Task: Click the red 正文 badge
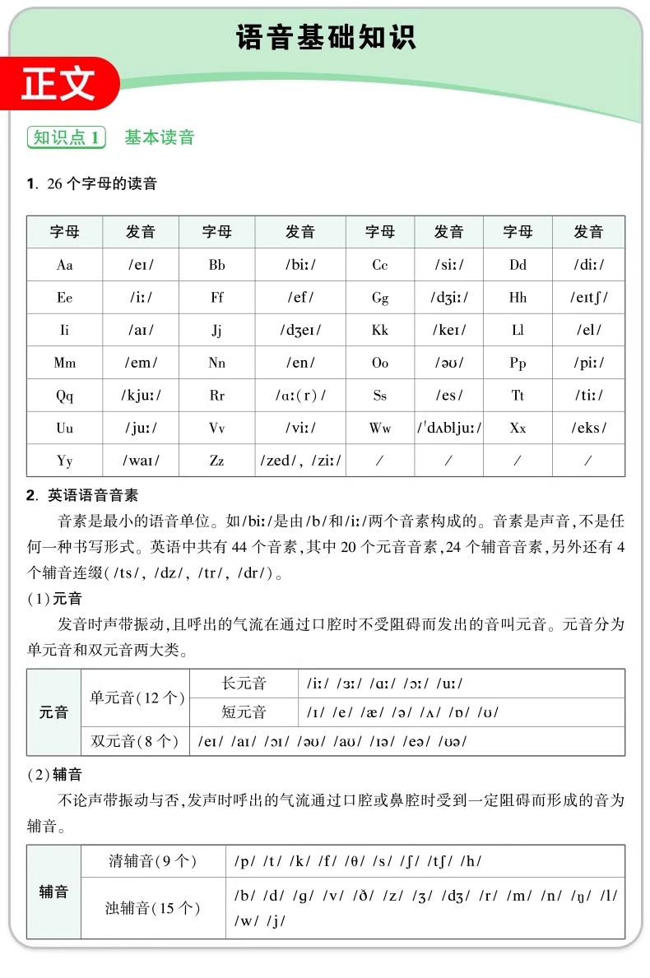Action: tap(58, 85)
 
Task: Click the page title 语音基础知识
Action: tap(326, 37)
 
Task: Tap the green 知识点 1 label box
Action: tap(67, 137)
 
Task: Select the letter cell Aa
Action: tap(64, 265)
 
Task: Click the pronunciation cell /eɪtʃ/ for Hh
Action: tap(588, 298)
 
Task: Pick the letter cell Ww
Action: tap(379, 428)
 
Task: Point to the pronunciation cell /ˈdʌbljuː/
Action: tap(448, 428)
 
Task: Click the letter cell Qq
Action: tap(64, 396)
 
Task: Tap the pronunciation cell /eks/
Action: tap(588, 428)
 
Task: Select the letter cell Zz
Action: tap(216, 461)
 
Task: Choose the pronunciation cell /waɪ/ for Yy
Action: tap(141, 461)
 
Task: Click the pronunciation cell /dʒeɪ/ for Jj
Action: tap(300, 331)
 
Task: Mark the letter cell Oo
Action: tap(379, 363)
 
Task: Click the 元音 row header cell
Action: tap(53, 712)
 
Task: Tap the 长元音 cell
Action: tap(244, 684)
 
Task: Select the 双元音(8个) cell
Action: tap(135, 741)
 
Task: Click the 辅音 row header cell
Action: tap(53, 892)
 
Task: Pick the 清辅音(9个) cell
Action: tap(153, 861)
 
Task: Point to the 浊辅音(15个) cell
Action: tap(153, 908)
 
